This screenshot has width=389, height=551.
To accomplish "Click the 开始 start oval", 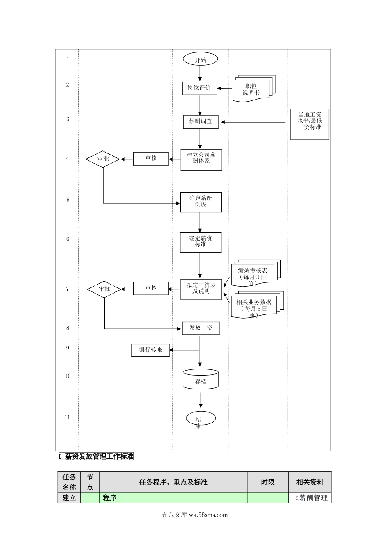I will [x=200, y=59].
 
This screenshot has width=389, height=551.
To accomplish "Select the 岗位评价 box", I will [x=199, y=88].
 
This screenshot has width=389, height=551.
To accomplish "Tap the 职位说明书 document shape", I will [x=252, y=89].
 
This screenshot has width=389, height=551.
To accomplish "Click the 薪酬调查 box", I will [x=201, y=122].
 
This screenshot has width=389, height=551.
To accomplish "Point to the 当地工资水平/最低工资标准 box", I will [x=310, y=124].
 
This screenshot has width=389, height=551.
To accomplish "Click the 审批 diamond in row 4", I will [x=103, y=159].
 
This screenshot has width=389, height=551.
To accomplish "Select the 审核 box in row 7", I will [x=151, y=288].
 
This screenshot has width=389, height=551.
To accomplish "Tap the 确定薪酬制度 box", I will [x=201, y=202].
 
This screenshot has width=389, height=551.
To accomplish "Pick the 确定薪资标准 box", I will [x=200, y=242].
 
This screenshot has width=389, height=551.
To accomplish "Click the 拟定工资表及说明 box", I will [x=201, y=289].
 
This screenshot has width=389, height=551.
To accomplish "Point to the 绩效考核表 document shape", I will [x=253, y=274].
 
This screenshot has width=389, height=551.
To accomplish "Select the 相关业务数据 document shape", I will [x=254, y=306].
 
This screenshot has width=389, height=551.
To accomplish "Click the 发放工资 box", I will [x=201, y=328].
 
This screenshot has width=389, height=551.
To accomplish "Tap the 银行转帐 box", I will [x=150, y=350].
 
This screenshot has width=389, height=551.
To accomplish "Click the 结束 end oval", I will [x=201, y=419].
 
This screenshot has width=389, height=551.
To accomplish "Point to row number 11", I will [x=67, y=417].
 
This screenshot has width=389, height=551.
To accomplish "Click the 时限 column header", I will [x=268, y=482].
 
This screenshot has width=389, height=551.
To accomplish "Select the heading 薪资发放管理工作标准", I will [x=99, y=456].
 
